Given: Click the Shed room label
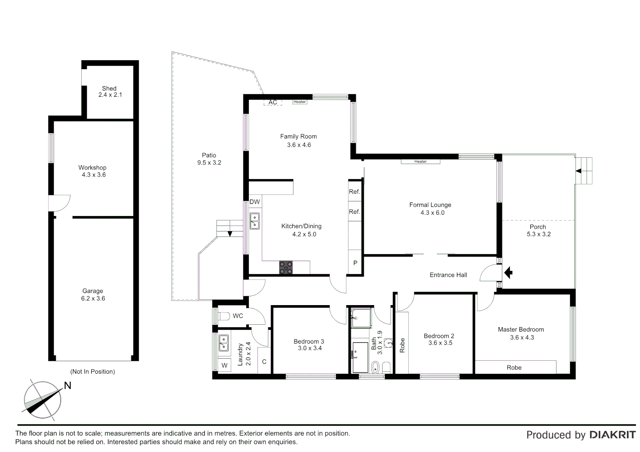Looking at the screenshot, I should [x=109, y=88].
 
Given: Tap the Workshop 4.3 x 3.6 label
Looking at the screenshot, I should [x=93, y=171].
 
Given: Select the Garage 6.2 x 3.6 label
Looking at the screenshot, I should [x=93, y=295].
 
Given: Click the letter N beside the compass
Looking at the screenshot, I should [x=67, y=385].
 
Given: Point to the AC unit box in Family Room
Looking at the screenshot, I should [x=273, y=103].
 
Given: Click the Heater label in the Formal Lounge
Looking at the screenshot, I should [x=420, y=162].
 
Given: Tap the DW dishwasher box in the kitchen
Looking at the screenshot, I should [x=255, y=202].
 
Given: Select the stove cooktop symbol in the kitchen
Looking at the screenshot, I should [x=286, y=267].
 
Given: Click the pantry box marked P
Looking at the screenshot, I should [x=355, y=263].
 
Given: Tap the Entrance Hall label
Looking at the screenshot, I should [x=448, y=275].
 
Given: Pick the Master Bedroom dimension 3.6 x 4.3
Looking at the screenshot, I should [x=522, y=337].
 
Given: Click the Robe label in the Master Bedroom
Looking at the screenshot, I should [x=514, y=367].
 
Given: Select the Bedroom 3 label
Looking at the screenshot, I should [x=309, y=342].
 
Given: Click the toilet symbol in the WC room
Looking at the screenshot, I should [x=224, y=316].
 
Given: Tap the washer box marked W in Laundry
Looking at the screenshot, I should [x=225, y=365].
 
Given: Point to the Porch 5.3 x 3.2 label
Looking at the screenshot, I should [x=538, y=231].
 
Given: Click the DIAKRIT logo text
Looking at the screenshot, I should [x=612, y=435].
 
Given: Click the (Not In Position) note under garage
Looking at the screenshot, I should [x=93, y=372].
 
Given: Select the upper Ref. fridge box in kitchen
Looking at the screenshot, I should [x=354, y=192].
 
